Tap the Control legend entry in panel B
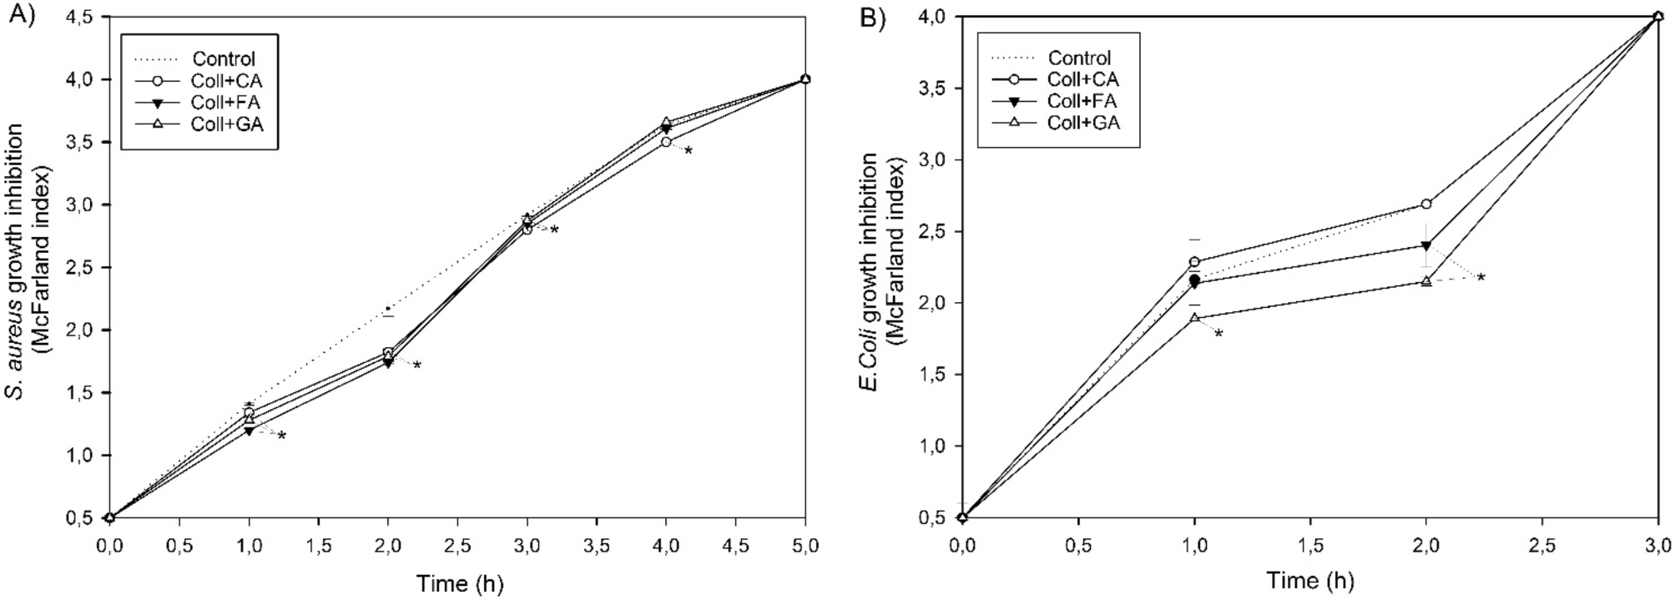point(1079,58)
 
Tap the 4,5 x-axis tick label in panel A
point(734,547)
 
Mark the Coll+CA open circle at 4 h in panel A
point(666,142)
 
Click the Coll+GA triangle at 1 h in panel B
point(1194,318)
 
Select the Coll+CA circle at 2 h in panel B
point(1426,204)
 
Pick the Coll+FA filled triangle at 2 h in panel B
point(1426,245)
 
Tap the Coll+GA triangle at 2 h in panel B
point(1426,281)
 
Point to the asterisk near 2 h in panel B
point(1481,278)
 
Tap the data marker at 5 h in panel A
point(805,79)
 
